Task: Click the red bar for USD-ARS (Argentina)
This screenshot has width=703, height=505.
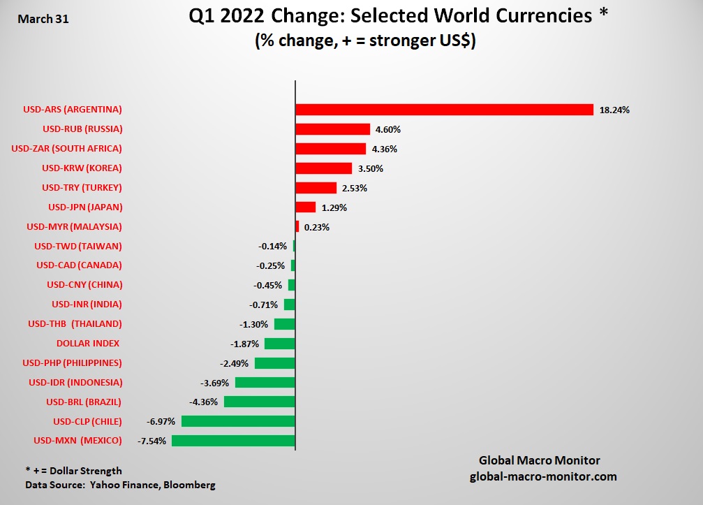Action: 444,110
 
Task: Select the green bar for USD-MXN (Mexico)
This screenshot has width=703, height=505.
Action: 233,441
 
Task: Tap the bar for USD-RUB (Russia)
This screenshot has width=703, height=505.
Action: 332,129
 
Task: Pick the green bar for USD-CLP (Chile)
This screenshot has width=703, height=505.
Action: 238,421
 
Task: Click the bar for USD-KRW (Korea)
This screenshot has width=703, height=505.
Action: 323,168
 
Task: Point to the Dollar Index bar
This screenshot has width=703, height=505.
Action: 279,344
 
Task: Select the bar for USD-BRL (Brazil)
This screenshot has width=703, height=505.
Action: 259,402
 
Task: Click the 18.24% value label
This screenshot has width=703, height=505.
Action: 615,110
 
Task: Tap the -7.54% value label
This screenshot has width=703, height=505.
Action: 151,441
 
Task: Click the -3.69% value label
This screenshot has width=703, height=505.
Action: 214,383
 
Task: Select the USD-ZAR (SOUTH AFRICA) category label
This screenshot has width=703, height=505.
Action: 67,149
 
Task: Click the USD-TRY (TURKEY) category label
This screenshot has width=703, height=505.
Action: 82,188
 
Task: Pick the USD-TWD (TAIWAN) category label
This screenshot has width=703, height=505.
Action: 78,246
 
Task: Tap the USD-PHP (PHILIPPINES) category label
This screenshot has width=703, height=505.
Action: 72,363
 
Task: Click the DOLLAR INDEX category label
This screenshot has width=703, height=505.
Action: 88,344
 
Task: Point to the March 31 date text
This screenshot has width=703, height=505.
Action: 43,19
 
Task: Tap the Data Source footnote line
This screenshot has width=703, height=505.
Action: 120,484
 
